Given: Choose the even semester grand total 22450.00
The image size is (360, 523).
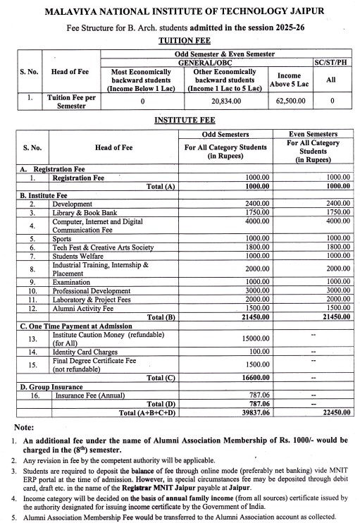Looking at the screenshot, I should (x=333, y=412).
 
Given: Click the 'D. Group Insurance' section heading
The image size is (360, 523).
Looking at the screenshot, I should (x=50, y=386).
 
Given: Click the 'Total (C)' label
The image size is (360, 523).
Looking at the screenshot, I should (x=160, y=378).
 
